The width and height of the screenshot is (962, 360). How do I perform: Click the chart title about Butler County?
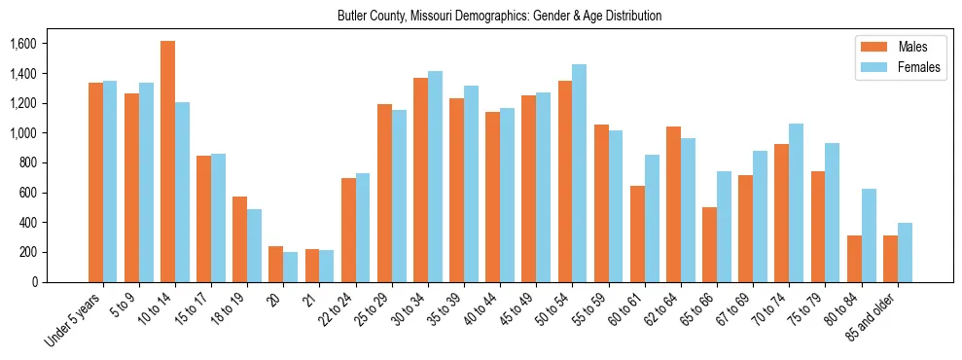click(499, 17)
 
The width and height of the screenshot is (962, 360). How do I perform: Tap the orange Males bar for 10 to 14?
click(168, 162)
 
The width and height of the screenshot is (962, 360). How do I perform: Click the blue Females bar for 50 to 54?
click(580, 173)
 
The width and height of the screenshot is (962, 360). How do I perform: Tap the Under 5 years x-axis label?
click(76, 320)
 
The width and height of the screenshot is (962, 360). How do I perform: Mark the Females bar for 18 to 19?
click(255, 245)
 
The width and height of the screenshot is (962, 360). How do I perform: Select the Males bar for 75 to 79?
click(818, 227)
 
